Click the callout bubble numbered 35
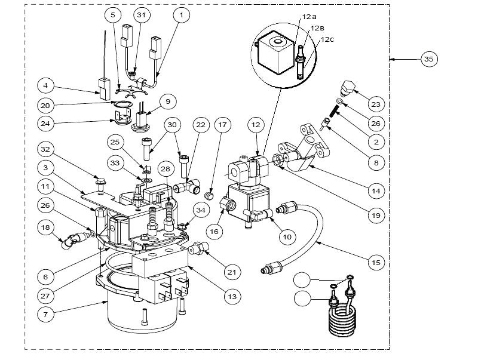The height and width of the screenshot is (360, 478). pyautogui.click(x=428, y=59)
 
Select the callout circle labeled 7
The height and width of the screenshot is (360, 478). pyautogui.click(x=45, y=314)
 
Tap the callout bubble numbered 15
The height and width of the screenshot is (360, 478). pyautogui.click(x=376, y=263)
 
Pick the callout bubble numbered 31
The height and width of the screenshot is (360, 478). pyautogui.click(x=142, y=14)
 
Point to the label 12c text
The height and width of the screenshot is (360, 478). pyautogui.click(x=327, y=40)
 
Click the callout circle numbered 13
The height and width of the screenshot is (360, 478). pyautogui.click(x=232, y=296)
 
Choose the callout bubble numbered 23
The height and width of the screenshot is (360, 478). pyautogui.click(x=376, y=104)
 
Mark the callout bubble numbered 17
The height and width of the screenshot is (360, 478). pyautogui.click(x=222, y=125)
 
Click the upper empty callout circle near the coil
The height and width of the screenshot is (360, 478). pyautogui.click(x=302, y=280)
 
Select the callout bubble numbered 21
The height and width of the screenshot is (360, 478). pyautogui.click(x=232, y=272)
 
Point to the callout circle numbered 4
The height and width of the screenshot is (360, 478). pyautogui.click(x=45, y=85)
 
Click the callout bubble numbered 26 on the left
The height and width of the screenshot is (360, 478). pyautogui.click(x=45, y=205)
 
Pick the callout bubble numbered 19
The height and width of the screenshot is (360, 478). pyautogui.click(x=376, y=216)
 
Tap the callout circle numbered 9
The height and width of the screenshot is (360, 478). pyautogui.click(x=168, y=101)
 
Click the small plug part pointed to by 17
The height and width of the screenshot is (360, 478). pyautogui.click(x=210, y=196)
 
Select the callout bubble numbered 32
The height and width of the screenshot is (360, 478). pyautogui.click(x=45, y=149)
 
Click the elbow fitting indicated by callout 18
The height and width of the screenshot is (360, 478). pyautogui.click(x=73, y=239)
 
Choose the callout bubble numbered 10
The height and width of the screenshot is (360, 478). pyautogui.click(x=287, y=236)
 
